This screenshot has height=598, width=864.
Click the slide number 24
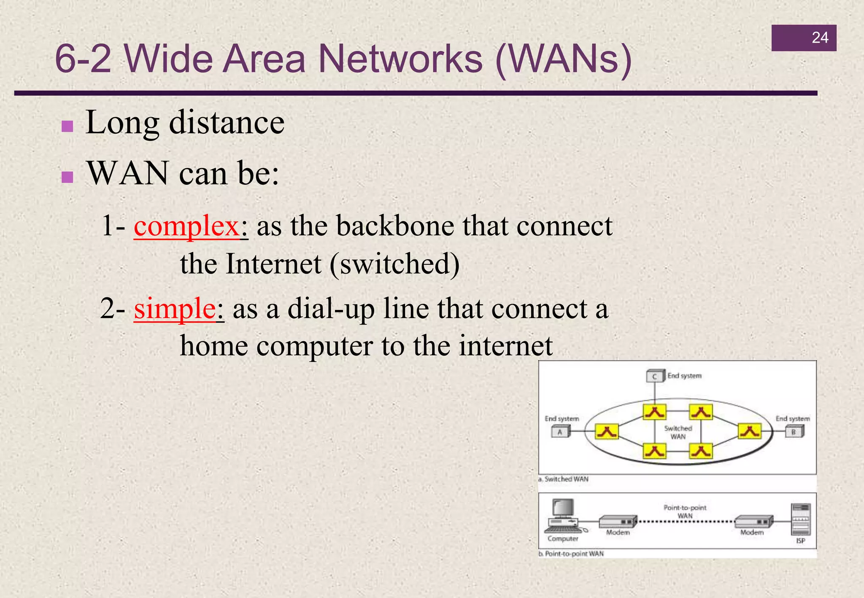[x=820, y=38]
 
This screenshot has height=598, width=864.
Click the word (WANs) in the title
[x=564, y=59]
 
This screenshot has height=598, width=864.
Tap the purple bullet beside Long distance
[x=67, y=126]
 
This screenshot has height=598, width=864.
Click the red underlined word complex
[x=187, y=226]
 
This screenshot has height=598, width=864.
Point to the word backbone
[x=395, y=226]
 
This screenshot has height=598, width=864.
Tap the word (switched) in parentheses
[x=395, y=264]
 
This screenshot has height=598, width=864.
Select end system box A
[x=560, y=431]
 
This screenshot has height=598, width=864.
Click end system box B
[x=794, y=431]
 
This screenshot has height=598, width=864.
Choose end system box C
[x=655, y=376]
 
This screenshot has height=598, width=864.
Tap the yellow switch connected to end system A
[x=607, y=431]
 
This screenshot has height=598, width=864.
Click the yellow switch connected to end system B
[x=750, y=431]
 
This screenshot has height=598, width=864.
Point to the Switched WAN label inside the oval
[x=678, y=432]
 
